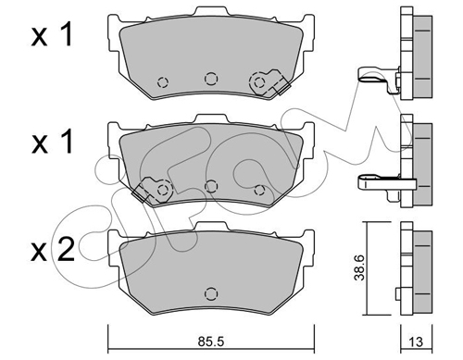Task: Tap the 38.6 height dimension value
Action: pos(359,267)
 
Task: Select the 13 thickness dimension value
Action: pos(417,341)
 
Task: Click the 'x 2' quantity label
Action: pos(53,250)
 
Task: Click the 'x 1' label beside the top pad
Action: pos(52,35)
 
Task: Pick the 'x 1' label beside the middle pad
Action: pos(53,142)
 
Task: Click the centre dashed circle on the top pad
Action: pos(211,79)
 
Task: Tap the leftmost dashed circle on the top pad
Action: pos(163,82)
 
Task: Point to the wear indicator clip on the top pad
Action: pos(269,82)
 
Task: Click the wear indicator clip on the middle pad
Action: pos(152,190)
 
